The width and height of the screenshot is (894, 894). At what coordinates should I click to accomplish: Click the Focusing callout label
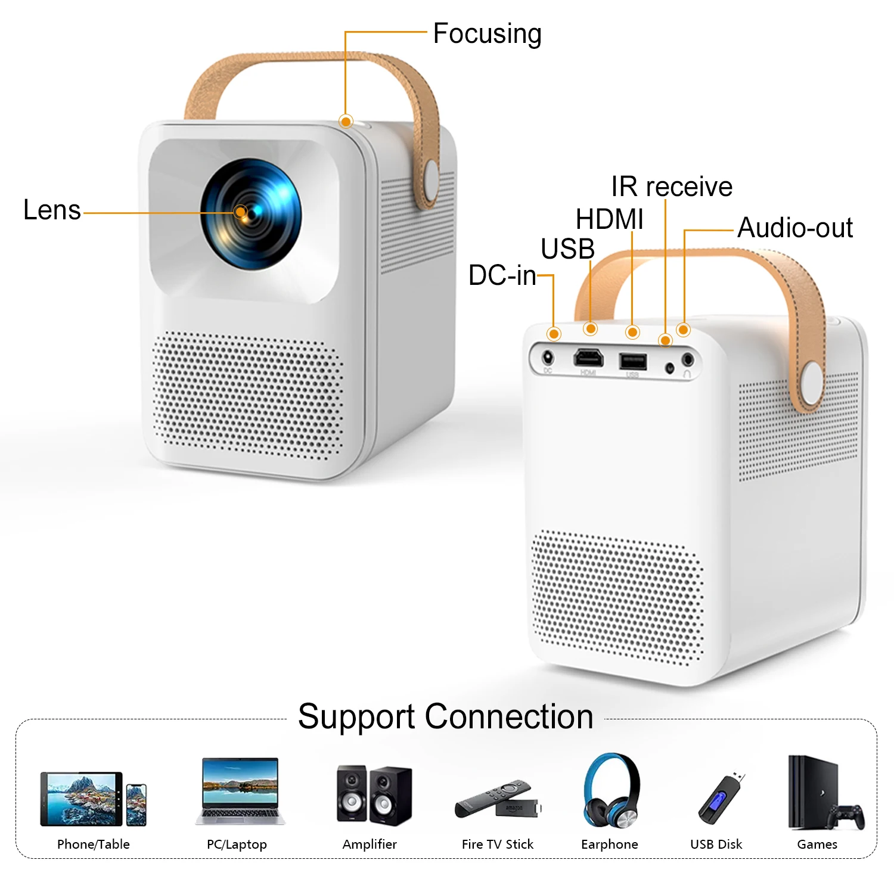[x=487, y=34]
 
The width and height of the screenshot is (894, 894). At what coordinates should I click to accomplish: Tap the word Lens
[x=52, y=210]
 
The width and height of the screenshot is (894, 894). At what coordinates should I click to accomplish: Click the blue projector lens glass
[x=251, y=214]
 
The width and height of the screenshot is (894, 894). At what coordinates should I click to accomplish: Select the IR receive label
[x=672, y=187]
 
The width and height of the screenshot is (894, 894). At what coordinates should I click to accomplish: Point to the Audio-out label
[x=795, y=228]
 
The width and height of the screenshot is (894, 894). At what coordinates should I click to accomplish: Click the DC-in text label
[x=502, y=275]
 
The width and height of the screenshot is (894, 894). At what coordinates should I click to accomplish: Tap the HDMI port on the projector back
[x=588, y=358]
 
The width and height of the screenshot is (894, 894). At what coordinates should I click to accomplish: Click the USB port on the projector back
[x=633, y=361]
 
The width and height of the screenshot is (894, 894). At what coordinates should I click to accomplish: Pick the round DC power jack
[x=548, y=358]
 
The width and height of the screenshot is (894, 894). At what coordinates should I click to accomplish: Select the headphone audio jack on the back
[x=688, y=359]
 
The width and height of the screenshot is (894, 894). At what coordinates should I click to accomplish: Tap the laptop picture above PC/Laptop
[x=240, y=791]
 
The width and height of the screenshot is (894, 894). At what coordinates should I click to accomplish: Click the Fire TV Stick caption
[x=498, y=844]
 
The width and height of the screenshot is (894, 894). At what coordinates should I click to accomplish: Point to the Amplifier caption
[x=370, y=844]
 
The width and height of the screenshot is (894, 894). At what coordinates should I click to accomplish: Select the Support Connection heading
[x=446, y=716]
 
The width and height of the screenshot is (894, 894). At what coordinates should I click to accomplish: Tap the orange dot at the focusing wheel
[x=346, y=122]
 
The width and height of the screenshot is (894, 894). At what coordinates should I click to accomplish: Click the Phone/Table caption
[x=94, y=844]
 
